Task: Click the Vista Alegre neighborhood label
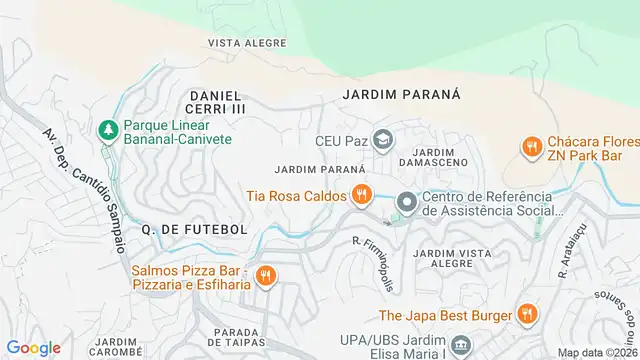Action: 240,43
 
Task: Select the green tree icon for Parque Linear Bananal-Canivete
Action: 107,129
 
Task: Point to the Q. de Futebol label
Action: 194,229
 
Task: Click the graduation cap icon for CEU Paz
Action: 381,139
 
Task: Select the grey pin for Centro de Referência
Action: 405,202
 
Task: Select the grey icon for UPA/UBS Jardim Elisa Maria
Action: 461,345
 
